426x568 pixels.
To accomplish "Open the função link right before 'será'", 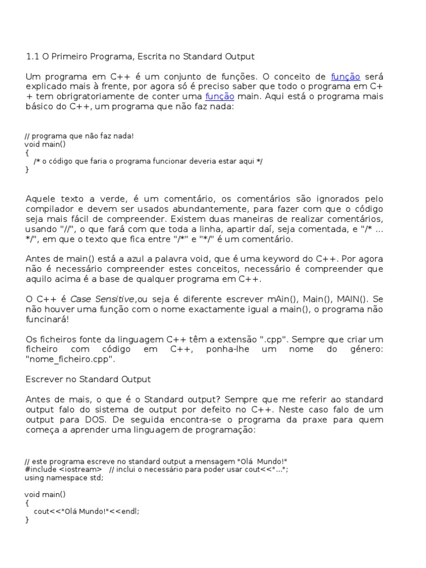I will (346, 77).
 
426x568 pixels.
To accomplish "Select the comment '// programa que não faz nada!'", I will (79, 136).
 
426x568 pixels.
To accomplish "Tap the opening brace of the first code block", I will (27, 153).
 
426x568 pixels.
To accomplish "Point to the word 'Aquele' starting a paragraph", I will (40, 199).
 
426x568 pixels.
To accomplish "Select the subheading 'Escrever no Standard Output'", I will (88, 379).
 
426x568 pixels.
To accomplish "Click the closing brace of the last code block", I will (27, 520).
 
